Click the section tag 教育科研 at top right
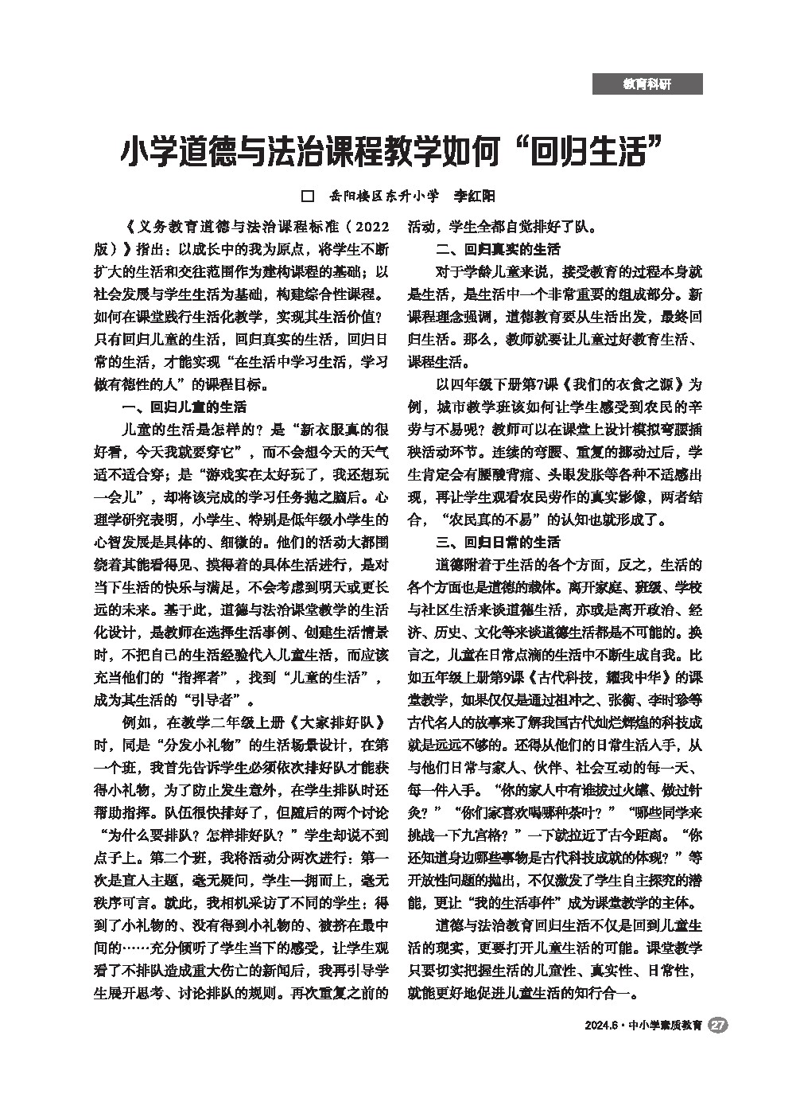pyautogui.click(x=647, y=84)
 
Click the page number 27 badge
pyautogui.click(x=718, y=1026)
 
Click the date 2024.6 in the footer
pyautogui.click(x=599, y=1026)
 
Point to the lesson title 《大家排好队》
pyautogui.click(x=338, y=724)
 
